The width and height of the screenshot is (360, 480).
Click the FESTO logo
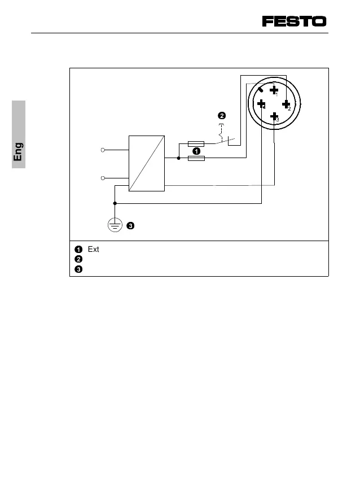(294, 21)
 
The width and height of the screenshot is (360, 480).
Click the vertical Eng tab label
(19, 152)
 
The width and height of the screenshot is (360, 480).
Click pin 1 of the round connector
(274, 89)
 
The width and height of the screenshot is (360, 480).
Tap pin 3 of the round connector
(274, 117)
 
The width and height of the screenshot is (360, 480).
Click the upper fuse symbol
(196, 144)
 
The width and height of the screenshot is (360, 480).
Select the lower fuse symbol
(196, 159)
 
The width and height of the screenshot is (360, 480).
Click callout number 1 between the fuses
(196, 151)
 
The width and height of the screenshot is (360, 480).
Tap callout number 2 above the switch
(222, 116)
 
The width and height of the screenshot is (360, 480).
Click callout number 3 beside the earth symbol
(130, 226)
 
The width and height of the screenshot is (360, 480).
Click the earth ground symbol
(115, 225)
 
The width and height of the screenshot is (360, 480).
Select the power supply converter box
(147, 164)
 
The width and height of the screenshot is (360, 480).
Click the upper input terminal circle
(103, 150)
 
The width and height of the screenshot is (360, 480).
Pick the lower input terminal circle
(103, 178)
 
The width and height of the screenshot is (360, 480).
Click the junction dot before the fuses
(178, 159)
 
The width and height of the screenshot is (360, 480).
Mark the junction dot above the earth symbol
(115, 203)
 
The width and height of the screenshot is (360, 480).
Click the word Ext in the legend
(94, 249)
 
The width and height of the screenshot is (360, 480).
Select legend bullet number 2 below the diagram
(78, 259)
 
